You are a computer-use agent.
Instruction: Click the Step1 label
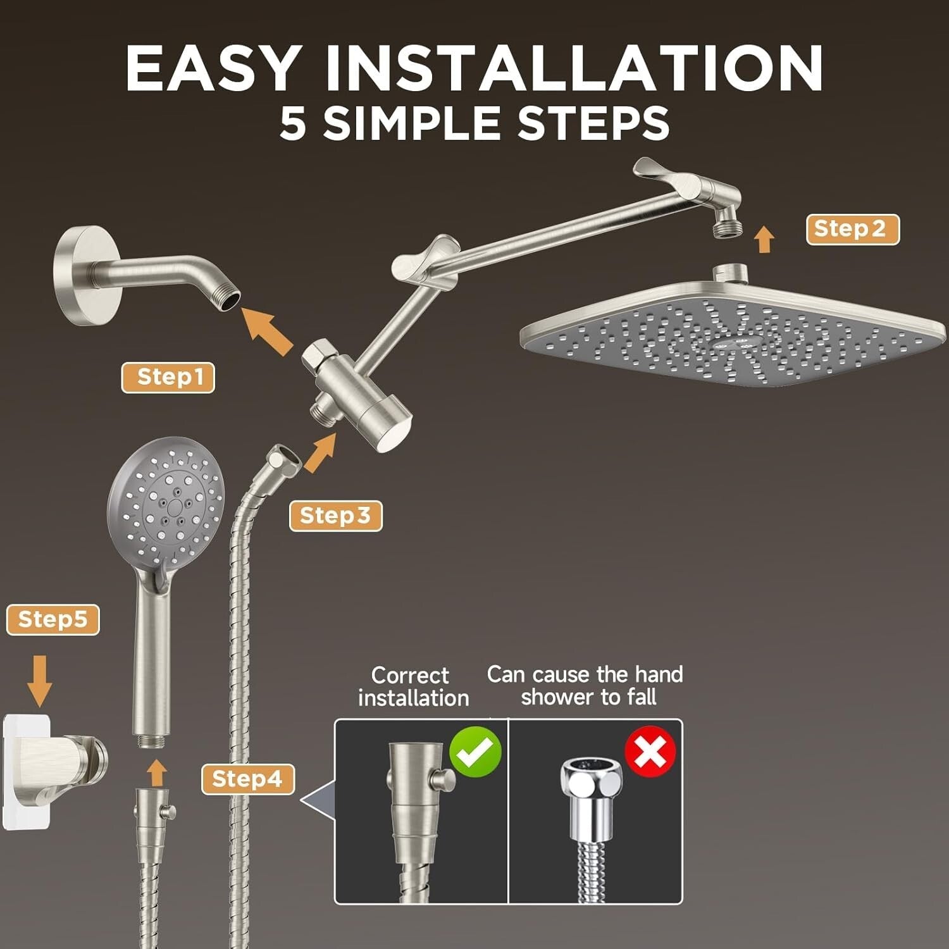pyautogui.click(x=168, y=378)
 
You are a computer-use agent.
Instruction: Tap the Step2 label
pyautogui.click(x=852, y=229)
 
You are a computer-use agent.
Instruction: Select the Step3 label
pyautogui.click(x=335, y=516)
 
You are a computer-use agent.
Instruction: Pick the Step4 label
pyautogui.click(x=248, y=779)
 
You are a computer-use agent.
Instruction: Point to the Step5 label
pyautogui.click(x=53, y=619)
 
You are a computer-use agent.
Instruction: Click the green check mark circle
pyautogui.click(x=475, y=751)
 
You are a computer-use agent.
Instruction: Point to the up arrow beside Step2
pyautogui.click(x=765, y=240)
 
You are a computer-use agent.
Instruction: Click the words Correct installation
pyautogui.click(x=413, y=686)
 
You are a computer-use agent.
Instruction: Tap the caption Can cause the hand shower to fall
pyautogui.click(x=585, y=685)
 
